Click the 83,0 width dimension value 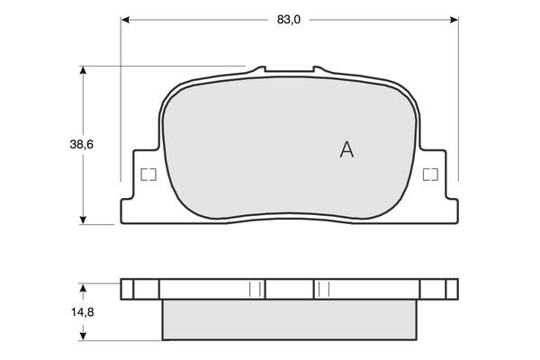pos(289,20)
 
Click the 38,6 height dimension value pos(82,144)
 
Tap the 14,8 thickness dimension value pos(83,312)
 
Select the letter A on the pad pos(346,150)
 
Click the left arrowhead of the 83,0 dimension pos(125,20)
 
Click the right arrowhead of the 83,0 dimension pos(454,20)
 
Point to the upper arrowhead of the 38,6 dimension pos(83,70)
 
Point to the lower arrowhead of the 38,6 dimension pos(83,220)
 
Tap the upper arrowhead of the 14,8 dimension pos(83,288)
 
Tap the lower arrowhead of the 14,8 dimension pos(83,337)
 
